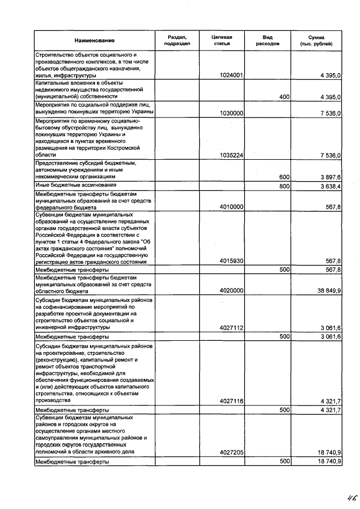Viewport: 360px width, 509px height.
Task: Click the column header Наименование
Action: pyautogui.click(x=94, y=40)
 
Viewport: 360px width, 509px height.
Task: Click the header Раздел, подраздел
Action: pyautogui.click(x=177, y=40)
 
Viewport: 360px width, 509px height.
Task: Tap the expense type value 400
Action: pyautogui.click(x=284, y=97)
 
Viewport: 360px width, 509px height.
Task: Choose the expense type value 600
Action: pyautogui.click(x=284, y=177)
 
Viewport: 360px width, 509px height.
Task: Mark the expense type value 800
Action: pyautogui.click(x=284, y=185)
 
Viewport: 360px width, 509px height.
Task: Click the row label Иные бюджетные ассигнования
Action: pyautogui.click(x=76, y=184)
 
